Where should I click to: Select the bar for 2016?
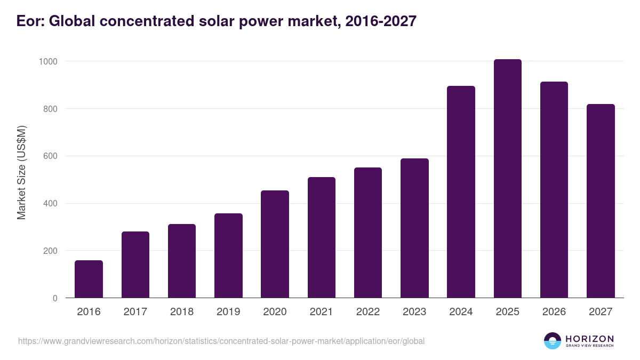89,279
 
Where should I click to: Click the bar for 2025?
507,179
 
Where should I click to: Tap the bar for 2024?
461,192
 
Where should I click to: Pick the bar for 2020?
275,244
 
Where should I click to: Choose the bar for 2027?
601,201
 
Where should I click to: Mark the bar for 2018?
182,261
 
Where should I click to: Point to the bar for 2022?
368,233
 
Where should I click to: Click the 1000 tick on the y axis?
47,61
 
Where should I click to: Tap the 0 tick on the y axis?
55,298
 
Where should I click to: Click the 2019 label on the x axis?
228,312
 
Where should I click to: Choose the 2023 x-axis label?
414,312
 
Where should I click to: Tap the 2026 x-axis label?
554,312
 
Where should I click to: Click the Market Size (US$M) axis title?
21,173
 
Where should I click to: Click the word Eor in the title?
28,21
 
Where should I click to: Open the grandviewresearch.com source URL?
221,341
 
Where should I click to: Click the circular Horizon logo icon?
553,341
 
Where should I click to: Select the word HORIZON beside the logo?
589,339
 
